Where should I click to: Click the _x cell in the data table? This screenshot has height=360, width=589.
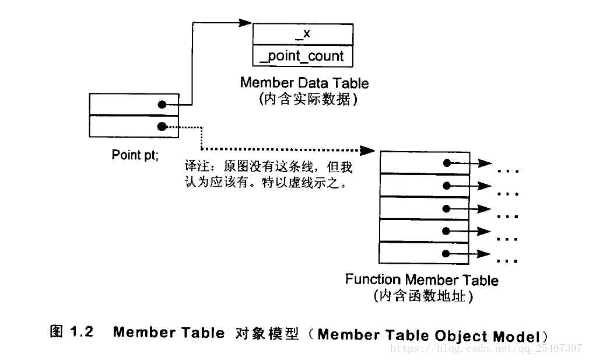click(303, 34)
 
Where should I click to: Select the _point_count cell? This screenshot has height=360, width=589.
click(303, 56)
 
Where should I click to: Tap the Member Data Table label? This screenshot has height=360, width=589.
click(304, 82)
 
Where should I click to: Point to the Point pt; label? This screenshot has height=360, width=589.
click(135, 155)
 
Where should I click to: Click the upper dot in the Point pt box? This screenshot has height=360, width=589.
click(162, 105)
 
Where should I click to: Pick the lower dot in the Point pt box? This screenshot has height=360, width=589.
click(162, 126)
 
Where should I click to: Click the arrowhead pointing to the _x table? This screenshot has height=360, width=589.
click(246, 23)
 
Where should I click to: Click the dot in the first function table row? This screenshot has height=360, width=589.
click(446, 163)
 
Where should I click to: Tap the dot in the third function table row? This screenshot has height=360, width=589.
click(446, 208)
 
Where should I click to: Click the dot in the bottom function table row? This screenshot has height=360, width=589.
click(446, 253)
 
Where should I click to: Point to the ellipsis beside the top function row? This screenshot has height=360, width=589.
click(509, 172)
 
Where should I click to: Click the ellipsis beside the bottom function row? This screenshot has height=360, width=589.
click(509, 260)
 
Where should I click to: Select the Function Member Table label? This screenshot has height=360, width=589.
click(422, 280)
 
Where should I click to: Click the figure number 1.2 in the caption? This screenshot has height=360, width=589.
click(82, 333)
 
